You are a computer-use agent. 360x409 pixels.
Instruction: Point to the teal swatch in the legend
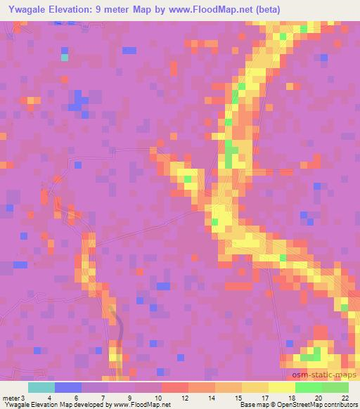pos(41,387)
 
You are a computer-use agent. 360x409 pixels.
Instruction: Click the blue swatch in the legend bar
pos(68,387)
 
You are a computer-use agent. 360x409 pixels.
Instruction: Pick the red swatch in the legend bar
pos(175,387)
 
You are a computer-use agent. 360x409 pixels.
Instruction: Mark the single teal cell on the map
pos(65,58)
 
